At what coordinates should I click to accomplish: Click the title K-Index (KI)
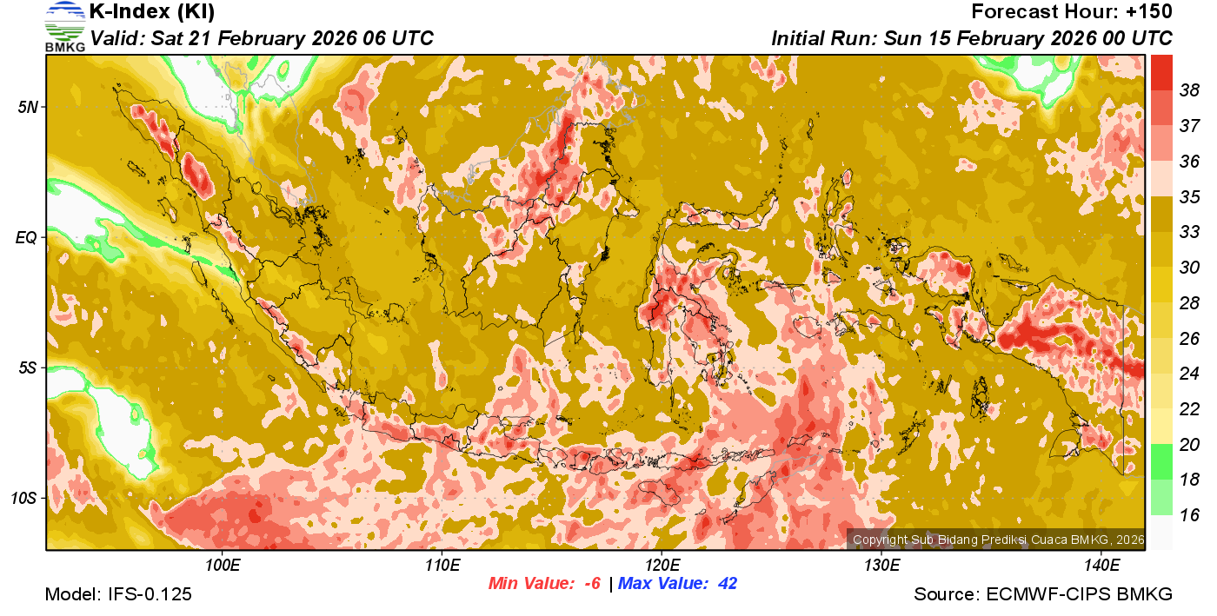pos(152,12)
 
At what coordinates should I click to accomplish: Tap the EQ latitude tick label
pos(25,237)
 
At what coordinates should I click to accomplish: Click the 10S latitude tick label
pos(23,498)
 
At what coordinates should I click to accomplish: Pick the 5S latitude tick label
pos(26,368)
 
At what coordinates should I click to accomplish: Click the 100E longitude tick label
pos(223,566)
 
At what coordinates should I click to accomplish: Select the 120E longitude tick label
pos(662,566)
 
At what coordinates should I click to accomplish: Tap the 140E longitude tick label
pos(1101,566)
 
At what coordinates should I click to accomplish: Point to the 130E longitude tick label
pos(881,566)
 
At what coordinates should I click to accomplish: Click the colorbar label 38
pos(1189,89)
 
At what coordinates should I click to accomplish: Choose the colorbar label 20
pos(1189,444)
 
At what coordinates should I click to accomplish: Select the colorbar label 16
pos(1189,515)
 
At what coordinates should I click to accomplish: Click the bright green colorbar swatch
pos(1162,461)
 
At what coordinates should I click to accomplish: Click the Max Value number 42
pos(727,583)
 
